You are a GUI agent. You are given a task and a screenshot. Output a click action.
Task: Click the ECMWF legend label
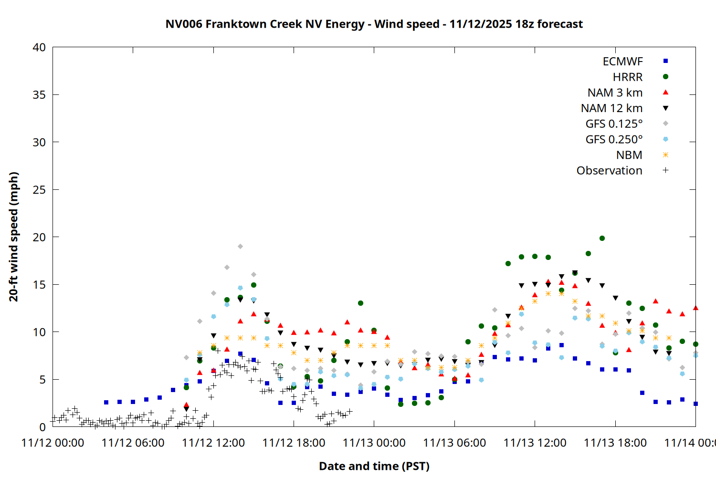(622, 62)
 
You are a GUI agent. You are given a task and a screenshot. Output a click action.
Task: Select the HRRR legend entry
(628, 77)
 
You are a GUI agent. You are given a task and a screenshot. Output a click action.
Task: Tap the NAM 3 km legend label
(615, 93)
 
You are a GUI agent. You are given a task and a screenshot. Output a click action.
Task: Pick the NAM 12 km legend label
(611, 108)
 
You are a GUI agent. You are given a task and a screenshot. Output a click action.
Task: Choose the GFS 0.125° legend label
(614, 124)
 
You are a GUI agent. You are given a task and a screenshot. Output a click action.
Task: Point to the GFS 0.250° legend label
(614, 140)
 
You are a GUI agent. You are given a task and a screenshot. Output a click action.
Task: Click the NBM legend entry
(629, 155)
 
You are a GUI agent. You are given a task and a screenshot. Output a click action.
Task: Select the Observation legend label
(609, 171)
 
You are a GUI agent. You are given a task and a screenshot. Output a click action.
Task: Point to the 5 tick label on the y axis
(42, 380)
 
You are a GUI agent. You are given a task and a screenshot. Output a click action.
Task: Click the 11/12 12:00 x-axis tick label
(213, 443)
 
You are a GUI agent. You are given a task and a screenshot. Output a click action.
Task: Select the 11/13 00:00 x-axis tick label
(374, 443)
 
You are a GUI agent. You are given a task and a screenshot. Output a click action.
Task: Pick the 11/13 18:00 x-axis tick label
(615, 443)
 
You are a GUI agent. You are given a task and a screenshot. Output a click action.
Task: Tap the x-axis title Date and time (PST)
(374, 466)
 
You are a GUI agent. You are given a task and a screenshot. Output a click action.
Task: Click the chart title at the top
(374, 24)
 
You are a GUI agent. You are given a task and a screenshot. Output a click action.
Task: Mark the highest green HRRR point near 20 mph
(602, 238)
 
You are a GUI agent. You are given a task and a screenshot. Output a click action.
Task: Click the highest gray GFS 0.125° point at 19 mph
(240, 247)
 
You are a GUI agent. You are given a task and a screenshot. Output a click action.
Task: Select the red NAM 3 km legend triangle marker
(665, 92)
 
